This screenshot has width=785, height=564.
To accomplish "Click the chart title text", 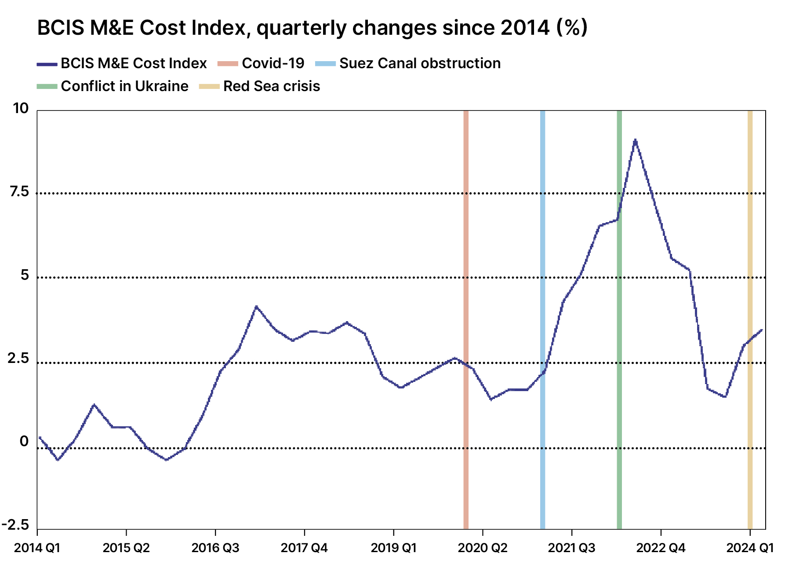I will pyautogui.click(x=312, y=28).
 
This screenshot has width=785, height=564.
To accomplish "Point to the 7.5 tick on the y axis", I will pyautogui.click(x=19, y=192).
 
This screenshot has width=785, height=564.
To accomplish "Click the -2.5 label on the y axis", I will pyautogui.click(x=16, y=525).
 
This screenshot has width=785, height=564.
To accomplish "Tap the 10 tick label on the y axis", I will pyautogui.click(x=21, y=108).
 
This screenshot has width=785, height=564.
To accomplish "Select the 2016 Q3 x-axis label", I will pyautogui.click(x=215, y=548).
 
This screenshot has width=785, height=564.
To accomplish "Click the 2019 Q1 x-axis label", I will pyautogui.click(x=393, y=548).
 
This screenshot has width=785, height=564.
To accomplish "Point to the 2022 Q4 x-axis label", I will pyautogui.click(x=661, y=548).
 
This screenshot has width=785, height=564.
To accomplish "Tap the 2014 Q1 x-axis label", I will pyautogui.click(x=37, y=548).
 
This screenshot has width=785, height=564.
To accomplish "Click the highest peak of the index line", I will pyautogui.click(x=635, y=140).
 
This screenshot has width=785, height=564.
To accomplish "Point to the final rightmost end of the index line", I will pyautogui.click(x=762, y=330).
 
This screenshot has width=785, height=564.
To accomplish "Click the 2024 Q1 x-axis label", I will pyautogui.click(x=750, y=548).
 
